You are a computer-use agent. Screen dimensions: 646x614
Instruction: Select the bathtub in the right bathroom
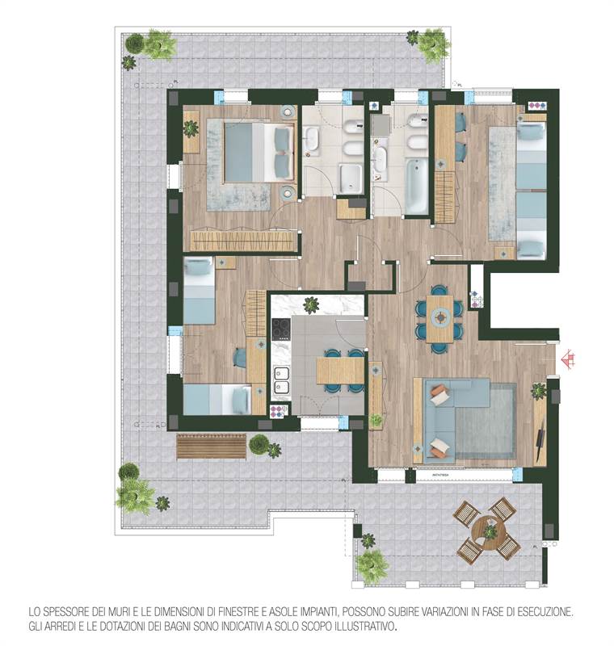(416, 186)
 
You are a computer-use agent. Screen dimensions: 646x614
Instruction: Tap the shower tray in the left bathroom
(351, 178)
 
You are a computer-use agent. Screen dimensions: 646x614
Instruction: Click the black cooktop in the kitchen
(280, 330)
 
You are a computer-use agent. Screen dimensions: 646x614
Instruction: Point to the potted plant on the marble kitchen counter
(311, 304)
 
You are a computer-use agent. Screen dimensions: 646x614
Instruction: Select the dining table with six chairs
(439, 318)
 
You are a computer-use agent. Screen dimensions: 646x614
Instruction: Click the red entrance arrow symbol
(568, 356)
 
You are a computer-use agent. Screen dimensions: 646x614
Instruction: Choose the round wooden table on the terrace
(487, 530)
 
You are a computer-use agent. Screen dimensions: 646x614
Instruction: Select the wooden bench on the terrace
(211, 445)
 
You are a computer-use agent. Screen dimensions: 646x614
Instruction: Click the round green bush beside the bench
(259, 444)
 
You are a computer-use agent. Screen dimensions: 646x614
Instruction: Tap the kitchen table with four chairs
(340, 370)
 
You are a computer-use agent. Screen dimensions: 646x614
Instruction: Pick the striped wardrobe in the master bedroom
(242, 241)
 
